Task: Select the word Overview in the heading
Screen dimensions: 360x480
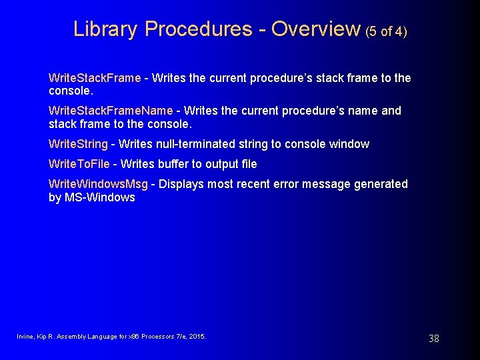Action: pos(315,29)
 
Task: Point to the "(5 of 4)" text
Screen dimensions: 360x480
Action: pos(386,31)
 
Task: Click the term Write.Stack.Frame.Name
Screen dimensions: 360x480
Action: pos(111,111)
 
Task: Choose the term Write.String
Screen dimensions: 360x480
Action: pos(78,144)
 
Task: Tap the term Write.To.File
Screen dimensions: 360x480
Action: pos(79,164)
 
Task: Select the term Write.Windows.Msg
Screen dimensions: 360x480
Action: pos(99,184)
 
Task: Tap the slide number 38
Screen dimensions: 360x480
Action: pos(434,339)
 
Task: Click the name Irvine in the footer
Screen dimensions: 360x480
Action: pos(25,337)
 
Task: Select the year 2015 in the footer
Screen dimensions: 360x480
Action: pos(197,337)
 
